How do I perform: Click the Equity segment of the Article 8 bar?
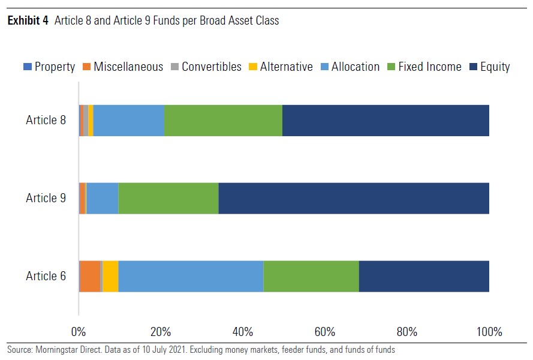click(386, 121)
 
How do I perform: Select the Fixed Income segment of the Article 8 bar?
click(223, 121)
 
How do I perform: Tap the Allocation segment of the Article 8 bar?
click(129, 121)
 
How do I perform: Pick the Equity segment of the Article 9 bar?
click(354, 198)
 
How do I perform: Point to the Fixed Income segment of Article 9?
click(168, 198)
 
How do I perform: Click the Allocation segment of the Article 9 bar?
click(103, 198)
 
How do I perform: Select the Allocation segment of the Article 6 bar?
click(191, 276)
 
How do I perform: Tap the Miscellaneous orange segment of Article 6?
click(90, 276)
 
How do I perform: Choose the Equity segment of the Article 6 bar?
click(424, 276)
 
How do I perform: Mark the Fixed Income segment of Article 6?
click(311, 276)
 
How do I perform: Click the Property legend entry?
click(49, 67)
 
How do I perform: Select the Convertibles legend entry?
click(206, 67)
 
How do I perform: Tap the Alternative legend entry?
click(281, 67)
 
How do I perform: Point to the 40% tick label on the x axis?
click(243, 332)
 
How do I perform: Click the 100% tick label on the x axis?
click(489, 332)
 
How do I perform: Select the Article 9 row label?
click(46, 198)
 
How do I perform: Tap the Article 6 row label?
click(46, 276)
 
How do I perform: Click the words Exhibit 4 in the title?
click(28, 21)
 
